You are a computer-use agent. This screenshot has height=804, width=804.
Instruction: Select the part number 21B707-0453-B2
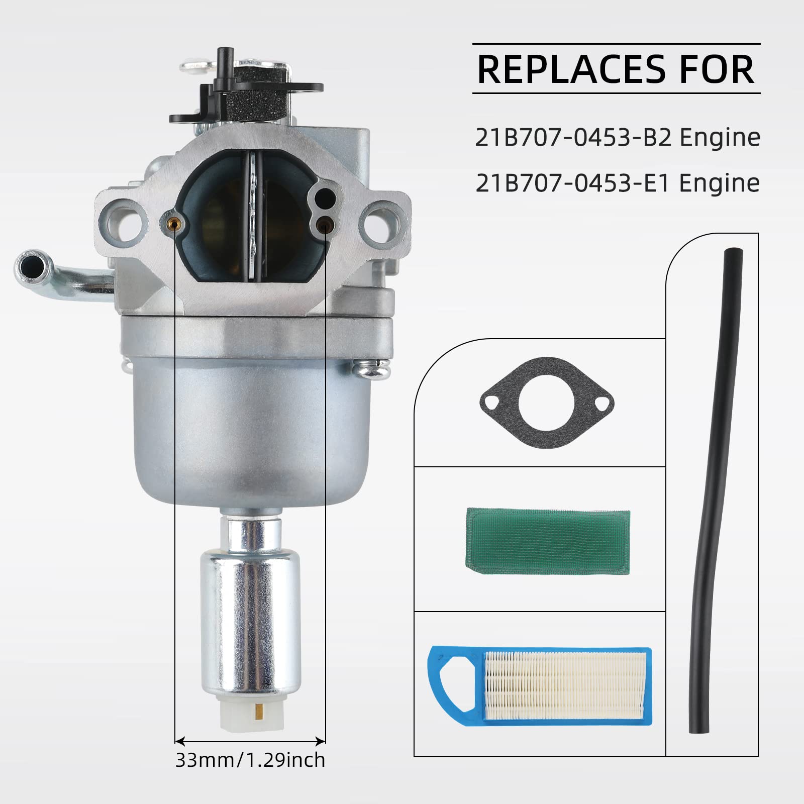pos(573,138)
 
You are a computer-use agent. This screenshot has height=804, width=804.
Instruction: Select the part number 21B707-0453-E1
pos(573,183)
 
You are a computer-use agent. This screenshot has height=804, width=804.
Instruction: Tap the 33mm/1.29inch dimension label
pos(250,759)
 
